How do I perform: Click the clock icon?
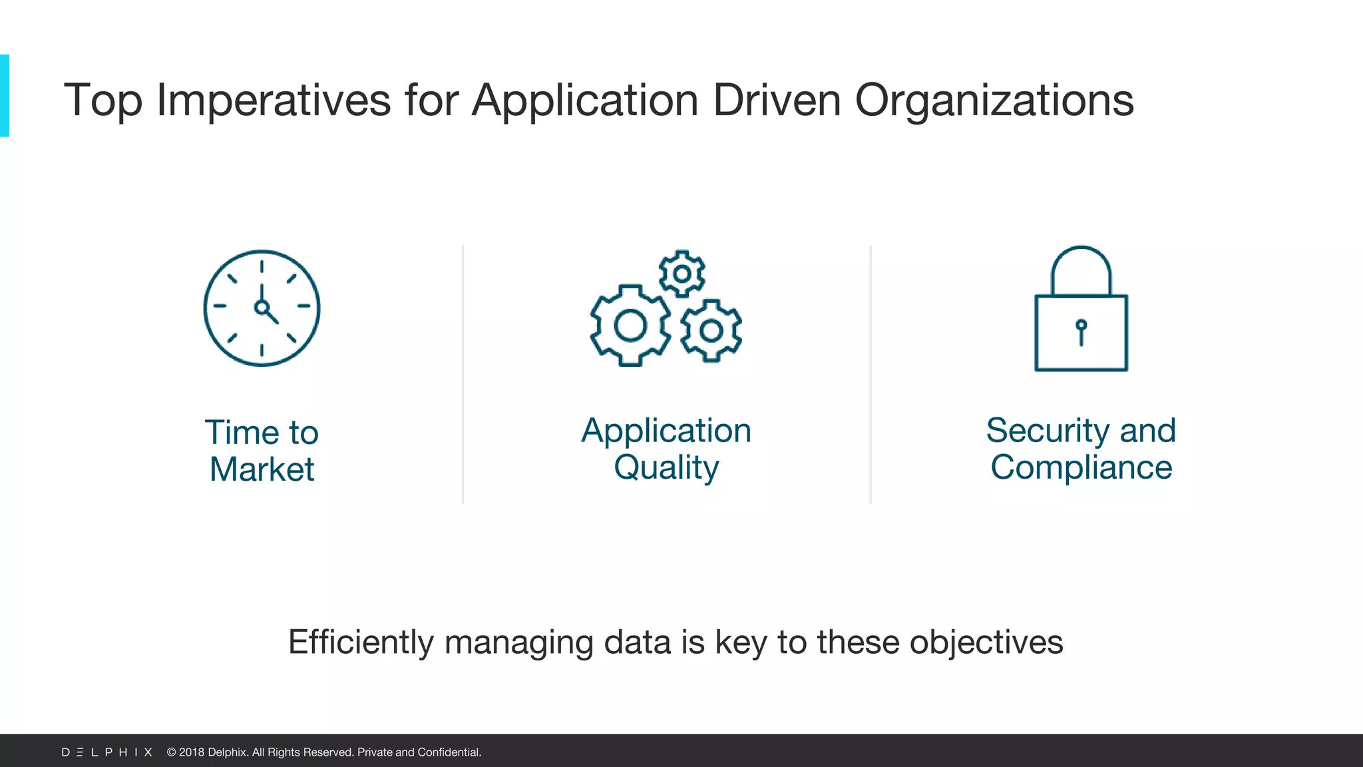(x=262, y=308)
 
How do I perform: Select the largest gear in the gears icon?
(x=630, y=326)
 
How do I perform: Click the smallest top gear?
(x=681, y=274)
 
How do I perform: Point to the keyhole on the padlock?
(x=1081, y=330)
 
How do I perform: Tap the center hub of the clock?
(x=262, y=307)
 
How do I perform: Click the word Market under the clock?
(x=262, y=469)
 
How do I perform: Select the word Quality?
(x=666, y=467)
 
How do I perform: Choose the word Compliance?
(x=1081, y=467)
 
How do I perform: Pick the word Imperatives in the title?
(x=274, y=101)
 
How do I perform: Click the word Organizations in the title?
(x=994, y=101)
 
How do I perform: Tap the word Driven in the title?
(x=777, y=101)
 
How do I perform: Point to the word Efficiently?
(x=361, y=642)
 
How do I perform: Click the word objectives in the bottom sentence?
(x=986, y=642)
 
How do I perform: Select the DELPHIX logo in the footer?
(x=107, y=752)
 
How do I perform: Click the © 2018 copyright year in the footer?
(x=186, y=752)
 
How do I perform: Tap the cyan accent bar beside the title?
(x=5, y=96)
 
